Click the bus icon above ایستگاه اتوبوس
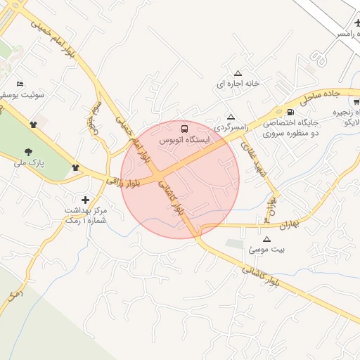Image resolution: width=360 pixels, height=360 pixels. coord(184,129)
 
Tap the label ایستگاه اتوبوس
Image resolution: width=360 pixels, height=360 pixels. coord(184,141)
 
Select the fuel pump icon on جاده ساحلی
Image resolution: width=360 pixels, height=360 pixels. coord(290,112)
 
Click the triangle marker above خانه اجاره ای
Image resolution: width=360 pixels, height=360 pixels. coord(238,73)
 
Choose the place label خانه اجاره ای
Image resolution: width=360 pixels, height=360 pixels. coord(238,84)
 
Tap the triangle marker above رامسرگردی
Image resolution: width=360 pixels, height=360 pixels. coord(231,117)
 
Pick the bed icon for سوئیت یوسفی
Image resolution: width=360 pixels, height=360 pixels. coord(20,84)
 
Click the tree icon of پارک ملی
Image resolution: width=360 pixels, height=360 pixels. coord(29,151)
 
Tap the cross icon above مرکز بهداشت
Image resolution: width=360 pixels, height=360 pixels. coord(86,200)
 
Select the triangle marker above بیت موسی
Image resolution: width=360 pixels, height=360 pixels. coord(266,239)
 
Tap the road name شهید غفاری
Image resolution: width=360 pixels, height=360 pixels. coord(253,159)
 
